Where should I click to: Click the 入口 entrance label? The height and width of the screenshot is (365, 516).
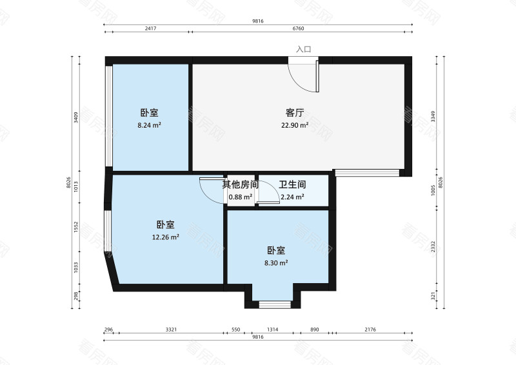pyautogui.click(x=303, y=49)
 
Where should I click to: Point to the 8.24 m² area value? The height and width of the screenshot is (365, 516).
pyautogui.click(x=149, y=125)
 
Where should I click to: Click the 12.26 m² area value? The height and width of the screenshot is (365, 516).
pyautogui.click(x=165, y=237)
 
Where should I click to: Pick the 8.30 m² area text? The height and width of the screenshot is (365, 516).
pyautogui.click(x=277, y=262)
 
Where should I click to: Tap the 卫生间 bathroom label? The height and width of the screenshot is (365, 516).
pyautogui.click(x=292, y=184)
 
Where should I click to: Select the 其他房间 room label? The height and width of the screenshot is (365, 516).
pyautogui.click(x=241, y=184)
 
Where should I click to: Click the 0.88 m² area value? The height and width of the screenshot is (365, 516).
pyautogui.click(x=241, y=197)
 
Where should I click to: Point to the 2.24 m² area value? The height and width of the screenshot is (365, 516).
pyautogui.click(x=292, y=197)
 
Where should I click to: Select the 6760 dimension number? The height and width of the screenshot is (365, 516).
pyautogui.click(x=299, y=29)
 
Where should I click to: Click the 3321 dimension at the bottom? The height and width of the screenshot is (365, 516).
pyautogui.click(x=171, y=330)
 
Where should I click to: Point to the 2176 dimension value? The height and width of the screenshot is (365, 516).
pyautogui.click(x=370, y=330)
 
